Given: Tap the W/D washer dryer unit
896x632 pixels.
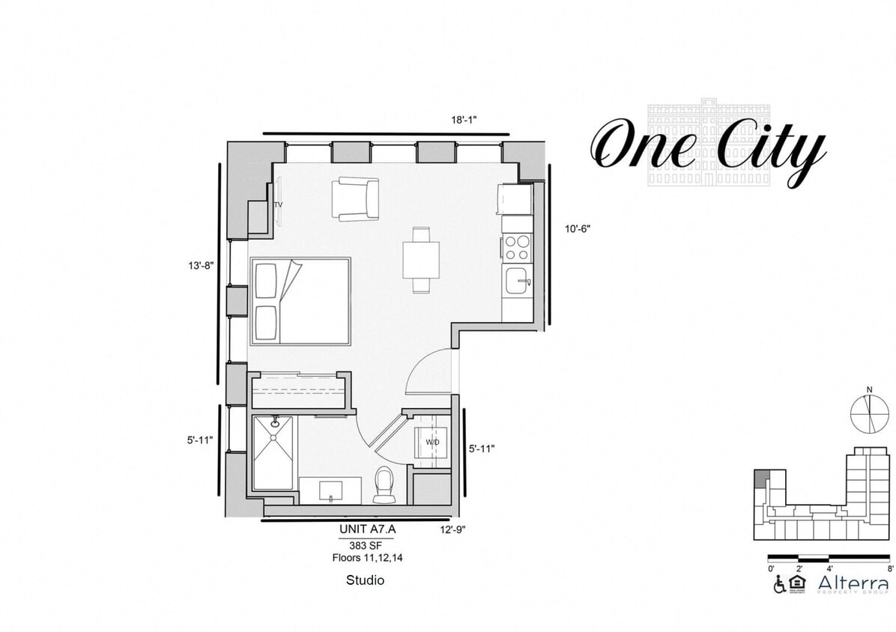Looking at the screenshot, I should click(x=432, y=442).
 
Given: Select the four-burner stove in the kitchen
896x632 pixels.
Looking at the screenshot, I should click(x=516, y=246).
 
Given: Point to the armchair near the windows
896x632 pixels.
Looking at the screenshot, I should click(x=355, y=198).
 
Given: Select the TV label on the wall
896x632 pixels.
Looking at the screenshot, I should click(x=278, y=204).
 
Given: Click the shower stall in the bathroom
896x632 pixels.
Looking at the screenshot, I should click(x=273, y=453).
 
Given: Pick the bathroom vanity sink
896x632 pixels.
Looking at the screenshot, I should click(x=330, y=491).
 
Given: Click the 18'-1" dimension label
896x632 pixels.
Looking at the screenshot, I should click(x=464, y=120).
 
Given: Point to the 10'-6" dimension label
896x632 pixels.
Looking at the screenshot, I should click(x=578, y=229).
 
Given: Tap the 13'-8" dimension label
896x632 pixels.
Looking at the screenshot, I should click(x=202, y=264).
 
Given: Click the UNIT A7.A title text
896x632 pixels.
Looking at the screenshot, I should click(x=366, y=529).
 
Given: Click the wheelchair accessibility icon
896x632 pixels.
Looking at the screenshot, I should click(x=779, y=583).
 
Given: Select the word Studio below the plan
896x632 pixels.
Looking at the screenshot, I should click(x=365, y=580).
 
